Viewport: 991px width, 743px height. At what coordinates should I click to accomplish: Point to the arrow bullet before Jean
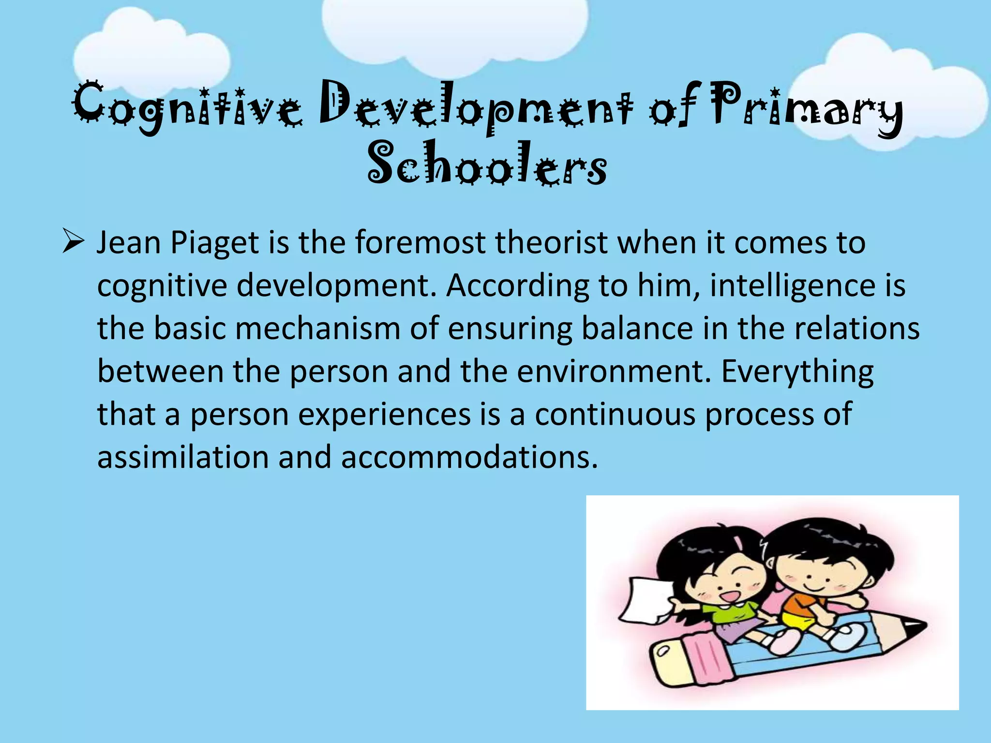(x=74, y=242)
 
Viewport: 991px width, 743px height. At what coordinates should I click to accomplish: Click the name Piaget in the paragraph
(x=214, y=242)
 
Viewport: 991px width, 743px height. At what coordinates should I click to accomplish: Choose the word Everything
(x=797, y=371)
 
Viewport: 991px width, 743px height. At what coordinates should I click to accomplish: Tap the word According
(x=517, y=285)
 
